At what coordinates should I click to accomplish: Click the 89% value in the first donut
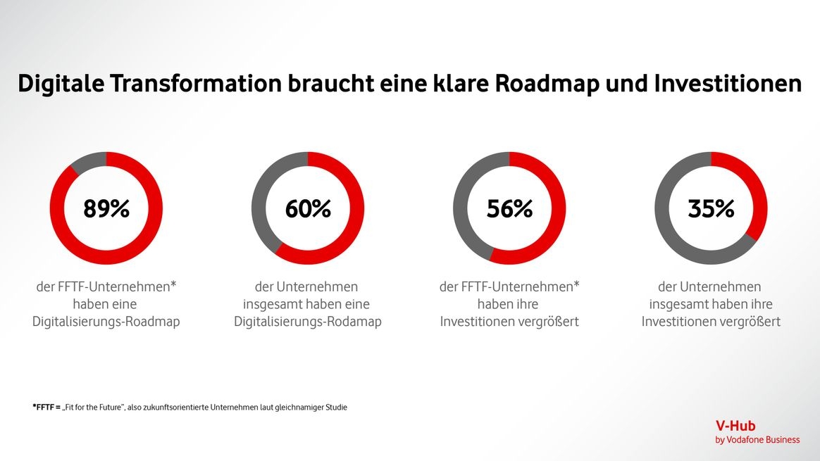click(x=106, y=209)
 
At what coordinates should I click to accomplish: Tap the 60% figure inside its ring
click(x=308, y=209)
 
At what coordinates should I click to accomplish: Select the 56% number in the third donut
click(x=509, y=209)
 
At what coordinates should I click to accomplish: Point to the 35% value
click(x=711, y=209)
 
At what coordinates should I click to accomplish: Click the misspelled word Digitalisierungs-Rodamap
click(x=308, y=322)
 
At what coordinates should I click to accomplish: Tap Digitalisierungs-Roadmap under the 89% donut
click(x=106, y=322)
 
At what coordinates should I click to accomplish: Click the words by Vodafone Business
click(x=757, y=440)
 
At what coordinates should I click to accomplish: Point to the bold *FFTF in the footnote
click(x=44, y=407)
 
